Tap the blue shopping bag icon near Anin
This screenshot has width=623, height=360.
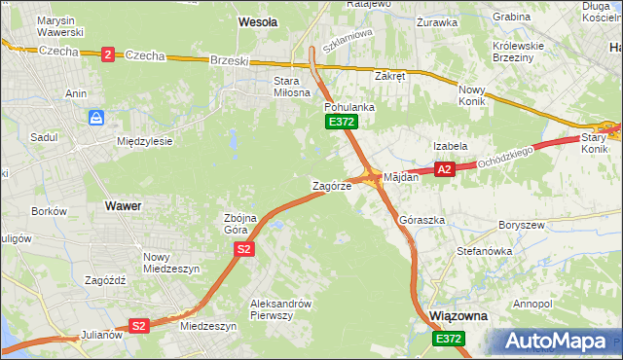(x=96, y=119)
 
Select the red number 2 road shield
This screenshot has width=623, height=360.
(x=107, y=54)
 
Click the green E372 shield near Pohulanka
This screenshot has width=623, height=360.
(x=342, y=122)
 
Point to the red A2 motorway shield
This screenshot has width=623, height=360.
(x=444, y=169)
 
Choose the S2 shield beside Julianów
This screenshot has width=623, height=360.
(x=139, y=326)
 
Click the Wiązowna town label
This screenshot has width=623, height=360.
(x=458, y=317)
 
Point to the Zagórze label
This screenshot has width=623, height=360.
(x=331, y=185)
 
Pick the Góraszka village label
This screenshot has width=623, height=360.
(x=421, y=220)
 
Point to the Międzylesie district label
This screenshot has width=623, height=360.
(x=144, y=141)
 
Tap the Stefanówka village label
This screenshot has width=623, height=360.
(x=485, y=251)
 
